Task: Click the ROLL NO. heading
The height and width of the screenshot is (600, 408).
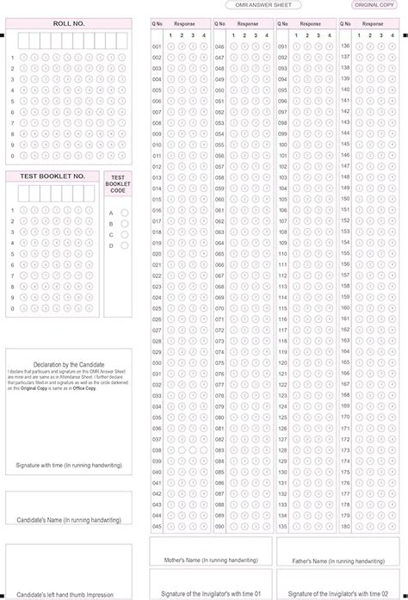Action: tap(69, 25)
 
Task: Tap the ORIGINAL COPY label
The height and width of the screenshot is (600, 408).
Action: tap(375, 5)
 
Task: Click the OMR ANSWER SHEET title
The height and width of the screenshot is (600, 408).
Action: tap(263, 5)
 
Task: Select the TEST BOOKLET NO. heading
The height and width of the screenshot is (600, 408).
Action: tap(58, 176)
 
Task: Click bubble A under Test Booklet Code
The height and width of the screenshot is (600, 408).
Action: tap(125, 213)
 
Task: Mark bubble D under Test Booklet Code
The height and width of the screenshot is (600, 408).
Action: tap(125, 245)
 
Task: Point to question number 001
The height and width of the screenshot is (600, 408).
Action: tap(157, 46)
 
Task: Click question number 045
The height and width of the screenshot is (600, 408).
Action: tap(157, 526)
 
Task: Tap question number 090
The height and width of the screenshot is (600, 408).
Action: tap(219, 526)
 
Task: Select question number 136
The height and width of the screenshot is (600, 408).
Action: tap(345, 46)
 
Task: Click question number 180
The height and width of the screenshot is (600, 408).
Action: tap(345, 526)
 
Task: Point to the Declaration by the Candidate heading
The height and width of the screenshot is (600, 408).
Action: tap(69, 365)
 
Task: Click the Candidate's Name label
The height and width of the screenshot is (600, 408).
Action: tap(69, 520)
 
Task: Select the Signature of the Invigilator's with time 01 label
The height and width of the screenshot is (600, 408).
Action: tap(211, 594)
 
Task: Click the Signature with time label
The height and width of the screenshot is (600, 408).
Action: tap(69, 466)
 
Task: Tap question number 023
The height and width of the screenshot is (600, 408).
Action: tap(157, 286)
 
